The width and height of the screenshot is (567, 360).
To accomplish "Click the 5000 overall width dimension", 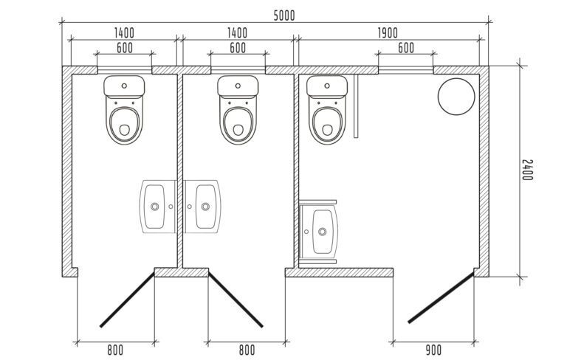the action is click(284, 16).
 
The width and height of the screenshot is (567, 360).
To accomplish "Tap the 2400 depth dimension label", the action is click(528, 170).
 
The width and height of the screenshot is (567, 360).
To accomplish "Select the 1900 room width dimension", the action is click(388, 33).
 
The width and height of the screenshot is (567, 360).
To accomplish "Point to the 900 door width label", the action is click(433, 350).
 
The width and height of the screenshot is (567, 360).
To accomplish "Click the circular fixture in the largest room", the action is click(456, 97).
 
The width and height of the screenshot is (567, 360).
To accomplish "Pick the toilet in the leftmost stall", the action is click(124, 109).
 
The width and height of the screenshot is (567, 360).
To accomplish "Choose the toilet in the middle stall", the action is click(238, 109).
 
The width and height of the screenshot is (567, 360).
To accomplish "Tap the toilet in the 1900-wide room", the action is click(327, 109).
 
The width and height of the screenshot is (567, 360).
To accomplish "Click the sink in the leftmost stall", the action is click(158, 207).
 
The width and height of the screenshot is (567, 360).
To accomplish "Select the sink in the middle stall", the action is click(202, 207).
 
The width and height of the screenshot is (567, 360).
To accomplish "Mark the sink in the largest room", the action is click(319, 232).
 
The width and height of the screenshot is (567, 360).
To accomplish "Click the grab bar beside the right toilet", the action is click(356, 106).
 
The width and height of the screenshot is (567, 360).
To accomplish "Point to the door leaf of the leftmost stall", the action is click(127, 300).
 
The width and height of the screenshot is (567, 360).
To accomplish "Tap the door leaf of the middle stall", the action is click(236, 300).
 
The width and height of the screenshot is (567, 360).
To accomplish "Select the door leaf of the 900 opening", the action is click(441, 298).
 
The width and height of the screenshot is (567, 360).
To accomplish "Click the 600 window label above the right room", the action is click(406, 48).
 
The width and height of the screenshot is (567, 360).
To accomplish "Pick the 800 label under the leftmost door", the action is click(115, 350).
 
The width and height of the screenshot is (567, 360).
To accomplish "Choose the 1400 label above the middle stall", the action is click(237, 33).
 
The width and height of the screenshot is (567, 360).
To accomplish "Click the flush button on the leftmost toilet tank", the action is click(124, 86).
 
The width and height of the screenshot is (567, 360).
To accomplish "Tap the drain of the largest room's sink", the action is click(322, 232).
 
